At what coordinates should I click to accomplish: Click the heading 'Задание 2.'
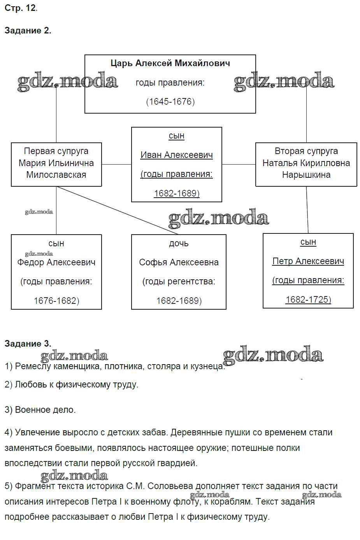pos(28,30)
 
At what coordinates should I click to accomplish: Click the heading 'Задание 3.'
pos(28,344)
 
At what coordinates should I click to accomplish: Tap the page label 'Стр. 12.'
pos(21,8)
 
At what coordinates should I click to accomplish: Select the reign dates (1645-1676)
pos(170,102)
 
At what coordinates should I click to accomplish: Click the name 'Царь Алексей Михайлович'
pos(170,63)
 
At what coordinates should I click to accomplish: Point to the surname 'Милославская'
pos(56,175)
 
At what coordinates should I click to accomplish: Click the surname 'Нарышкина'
pos(306,175)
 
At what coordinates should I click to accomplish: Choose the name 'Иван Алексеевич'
pos(177,155)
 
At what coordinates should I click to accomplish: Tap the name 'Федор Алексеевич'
pos(56,263)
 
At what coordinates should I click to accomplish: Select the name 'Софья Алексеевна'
pos(179,263)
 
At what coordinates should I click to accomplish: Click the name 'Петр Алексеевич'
pos(308,261)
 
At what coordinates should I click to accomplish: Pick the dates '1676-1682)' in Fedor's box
pos(56,301)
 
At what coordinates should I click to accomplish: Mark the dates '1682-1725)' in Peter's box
pos(308,299)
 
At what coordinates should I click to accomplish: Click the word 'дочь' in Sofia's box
pos(179,244)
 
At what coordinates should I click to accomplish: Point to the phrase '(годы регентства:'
pos(179,281)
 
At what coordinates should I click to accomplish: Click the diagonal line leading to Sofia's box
pos(117,210)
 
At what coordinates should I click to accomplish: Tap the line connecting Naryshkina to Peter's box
pos(307,210)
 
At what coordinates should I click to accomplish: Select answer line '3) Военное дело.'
pos(40,410)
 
